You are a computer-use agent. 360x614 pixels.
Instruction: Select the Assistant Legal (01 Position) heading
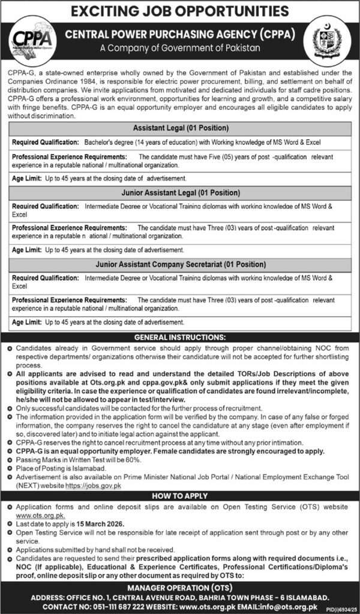pyautogui.click(x=180, y=128)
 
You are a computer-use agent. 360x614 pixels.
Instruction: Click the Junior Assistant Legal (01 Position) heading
pyautogui.click(x=180, y=193)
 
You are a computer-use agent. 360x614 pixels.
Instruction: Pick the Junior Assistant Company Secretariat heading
pyautogui.click(x=180, y=264)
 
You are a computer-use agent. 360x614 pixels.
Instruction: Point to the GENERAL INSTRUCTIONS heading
pyautogui.click(x=180, y=337)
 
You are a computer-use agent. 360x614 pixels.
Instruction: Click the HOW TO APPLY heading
pyautogui.click(x=180, y=496)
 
